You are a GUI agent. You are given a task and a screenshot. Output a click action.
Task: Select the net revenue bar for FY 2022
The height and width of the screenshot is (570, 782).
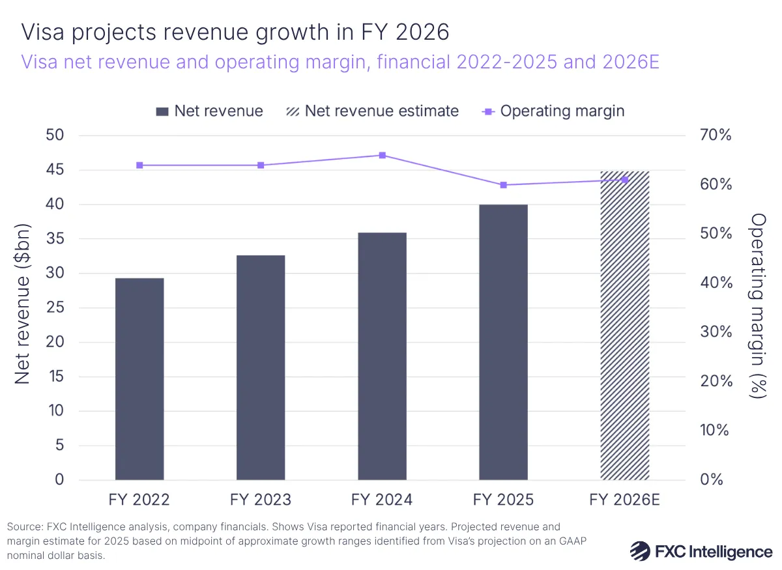[139, 379]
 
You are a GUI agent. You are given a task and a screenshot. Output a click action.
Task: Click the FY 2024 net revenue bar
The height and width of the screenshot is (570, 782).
[382, 356]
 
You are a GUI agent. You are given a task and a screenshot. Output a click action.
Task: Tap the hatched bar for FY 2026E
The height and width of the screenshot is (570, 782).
[624, 326]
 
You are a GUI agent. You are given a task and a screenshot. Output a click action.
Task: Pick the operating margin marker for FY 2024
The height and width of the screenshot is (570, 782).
[382, 155]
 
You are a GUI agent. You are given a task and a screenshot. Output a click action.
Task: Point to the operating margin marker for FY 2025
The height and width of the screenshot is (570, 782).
[503, 185]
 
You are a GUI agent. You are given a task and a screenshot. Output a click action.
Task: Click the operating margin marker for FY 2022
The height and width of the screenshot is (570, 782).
[139, 165]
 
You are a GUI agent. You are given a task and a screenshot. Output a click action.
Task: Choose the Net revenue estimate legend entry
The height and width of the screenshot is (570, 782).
[373, 111]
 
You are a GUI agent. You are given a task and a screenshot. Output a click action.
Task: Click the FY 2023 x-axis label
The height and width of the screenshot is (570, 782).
[261, 500]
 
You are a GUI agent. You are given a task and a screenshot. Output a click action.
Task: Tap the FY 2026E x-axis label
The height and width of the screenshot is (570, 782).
[624, 500]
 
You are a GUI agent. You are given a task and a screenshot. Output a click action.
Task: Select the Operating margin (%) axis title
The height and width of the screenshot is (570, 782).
[758, 306]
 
